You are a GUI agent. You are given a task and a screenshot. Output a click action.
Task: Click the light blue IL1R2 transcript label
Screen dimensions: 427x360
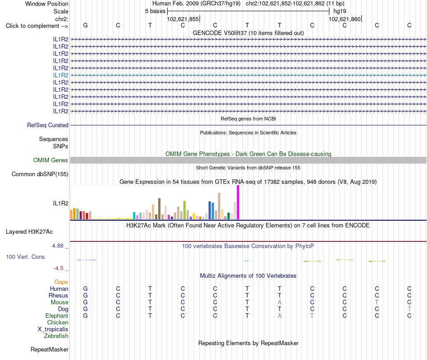pos(61,75)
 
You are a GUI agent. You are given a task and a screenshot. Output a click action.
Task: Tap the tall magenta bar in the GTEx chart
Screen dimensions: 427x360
pos(238,202)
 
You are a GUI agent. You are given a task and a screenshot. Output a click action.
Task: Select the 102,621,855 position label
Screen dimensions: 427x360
pos(183,19)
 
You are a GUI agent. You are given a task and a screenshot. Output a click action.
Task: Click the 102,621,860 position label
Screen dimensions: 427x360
pos(344,19)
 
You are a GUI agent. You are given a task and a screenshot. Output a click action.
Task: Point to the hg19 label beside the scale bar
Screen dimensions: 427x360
pos(340,11)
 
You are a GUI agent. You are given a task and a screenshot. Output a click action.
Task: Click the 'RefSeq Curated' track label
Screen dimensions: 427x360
pos(48,125)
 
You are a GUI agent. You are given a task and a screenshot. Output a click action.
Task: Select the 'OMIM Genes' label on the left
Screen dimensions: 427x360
pos(51,160)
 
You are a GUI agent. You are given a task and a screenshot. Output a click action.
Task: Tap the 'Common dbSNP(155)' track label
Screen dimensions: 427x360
pos(40,174)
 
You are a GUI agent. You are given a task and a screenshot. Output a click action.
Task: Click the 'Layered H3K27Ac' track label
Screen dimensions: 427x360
pos(29,232)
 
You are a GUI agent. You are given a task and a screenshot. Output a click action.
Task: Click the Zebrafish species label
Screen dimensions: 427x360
pos(56,336)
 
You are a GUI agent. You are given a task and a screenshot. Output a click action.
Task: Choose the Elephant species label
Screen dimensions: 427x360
pos(57,316)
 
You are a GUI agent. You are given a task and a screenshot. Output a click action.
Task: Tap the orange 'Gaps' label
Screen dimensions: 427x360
pos(61,282)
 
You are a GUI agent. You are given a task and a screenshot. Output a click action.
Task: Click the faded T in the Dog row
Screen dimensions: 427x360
pos(409,309)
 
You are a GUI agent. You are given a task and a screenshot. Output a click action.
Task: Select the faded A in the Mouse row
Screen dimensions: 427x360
pos(280,302)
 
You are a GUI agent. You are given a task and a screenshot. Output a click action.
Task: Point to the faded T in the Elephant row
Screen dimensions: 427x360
pos(312,316)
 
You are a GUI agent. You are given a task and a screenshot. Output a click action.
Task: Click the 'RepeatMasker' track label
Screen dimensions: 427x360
pos(49,349)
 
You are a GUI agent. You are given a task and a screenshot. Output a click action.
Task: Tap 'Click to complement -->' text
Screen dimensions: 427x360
pos(37,26)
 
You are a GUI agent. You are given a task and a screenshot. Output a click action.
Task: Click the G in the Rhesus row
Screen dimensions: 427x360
pos(85,295)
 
